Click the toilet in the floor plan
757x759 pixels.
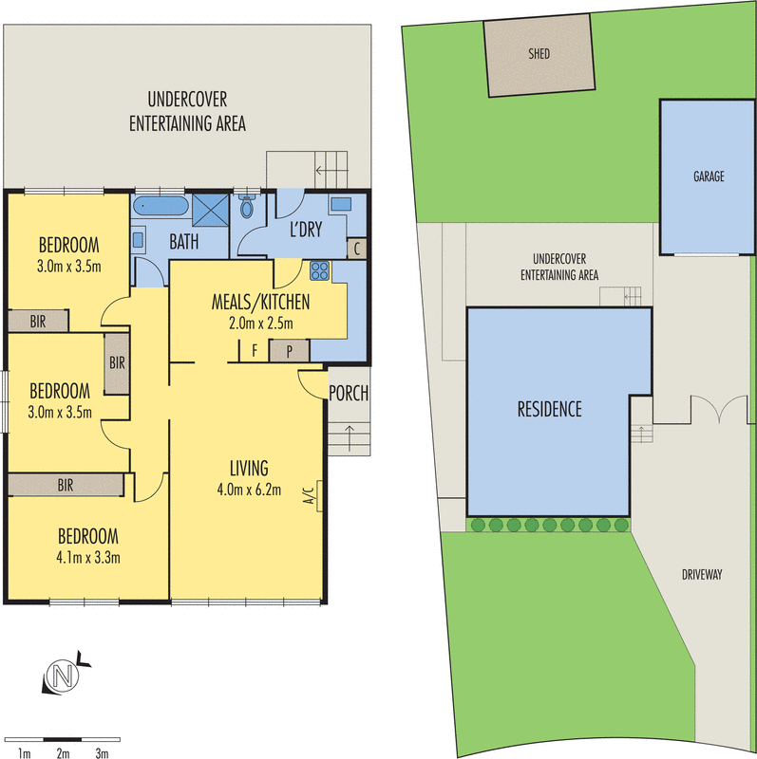click(247, 207)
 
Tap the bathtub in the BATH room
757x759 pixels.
click(161, 206)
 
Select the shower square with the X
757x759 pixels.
click(210, 210)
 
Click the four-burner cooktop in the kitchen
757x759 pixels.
click(320, 271)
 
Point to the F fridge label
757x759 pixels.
click(255, 350)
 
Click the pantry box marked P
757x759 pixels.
click(290, 351)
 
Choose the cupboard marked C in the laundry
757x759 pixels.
click(357, 249)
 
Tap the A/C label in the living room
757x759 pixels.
click(310, 495)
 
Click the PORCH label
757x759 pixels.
click(349, 393)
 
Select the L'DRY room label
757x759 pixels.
click(306, 229)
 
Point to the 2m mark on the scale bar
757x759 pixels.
click(63, 752)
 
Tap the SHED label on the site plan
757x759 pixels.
click(539, 53)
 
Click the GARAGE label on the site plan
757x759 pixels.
click(709, 176)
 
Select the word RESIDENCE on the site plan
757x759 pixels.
click(550, 410)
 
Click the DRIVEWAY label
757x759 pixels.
click(702, 575)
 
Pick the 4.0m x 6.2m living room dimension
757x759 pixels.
click(249, 490)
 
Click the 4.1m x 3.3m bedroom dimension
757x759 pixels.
click(88, 558)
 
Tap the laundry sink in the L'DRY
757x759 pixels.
click(341, 204)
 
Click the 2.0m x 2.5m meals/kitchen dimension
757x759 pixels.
click(261, 324)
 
